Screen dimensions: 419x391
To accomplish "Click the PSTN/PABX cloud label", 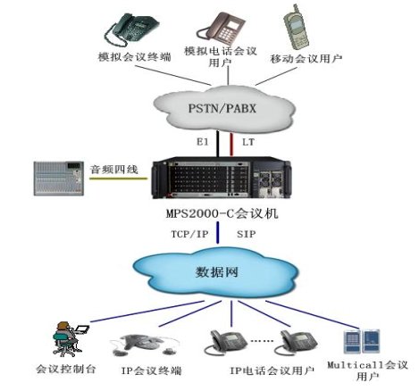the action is tap(222, 108).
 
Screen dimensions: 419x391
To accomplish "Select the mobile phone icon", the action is tap(296, 27).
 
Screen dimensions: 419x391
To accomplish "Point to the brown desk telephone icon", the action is tap(221, 29).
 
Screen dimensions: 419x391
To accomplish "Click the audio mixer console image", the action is tap(59, 178).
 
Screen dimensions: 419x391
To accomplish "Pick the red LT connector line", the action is tap(231, 145).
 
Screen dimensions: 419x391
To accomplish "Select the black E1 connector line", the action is tap(218, 144).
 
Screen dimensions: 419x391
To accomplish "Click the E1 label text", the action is tap(203, 142).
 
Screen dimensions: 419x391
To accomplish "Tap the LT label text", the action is tap(248, 142).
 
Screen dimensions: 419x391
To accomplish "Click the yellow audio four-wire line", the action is tap(118, 179).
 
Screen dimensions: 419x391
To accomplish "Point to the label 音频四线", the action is tap(114, 170).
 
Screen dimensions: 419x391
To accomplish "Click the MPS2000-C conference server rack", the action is tap(222, 179).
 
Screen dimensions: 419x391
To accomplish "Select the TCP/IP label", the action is tap(189, 234).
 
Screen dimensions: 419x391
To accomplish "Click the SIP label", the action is tap(246, 234).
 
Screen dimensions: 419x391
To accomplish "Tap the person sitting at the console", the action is tap(66, 338).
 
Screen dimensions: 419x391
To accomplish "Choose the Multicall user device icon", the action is tap(362, 341).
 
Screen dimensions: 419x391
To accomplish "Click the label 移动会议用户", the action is tap(306, 59).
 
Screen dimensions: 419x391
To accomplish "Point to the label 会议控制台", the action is tap(65, 369).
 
